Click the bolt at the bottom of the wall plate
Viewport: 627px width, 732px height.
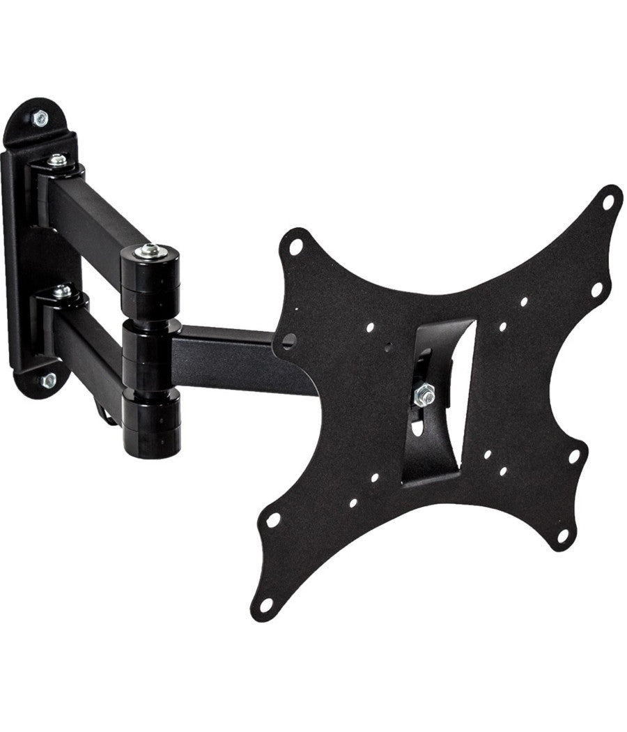48,381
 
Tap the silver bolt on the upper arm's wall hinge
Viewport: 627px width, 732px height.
58,161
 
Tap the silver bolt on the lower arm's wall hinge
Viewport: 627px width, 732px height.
61,291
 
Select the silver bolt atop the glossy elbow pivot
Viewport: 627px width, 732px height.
148,250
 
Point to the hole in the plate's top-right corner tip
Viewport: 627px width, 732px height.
608,201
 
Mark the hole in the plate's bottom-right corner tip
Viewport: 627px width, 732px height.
563,536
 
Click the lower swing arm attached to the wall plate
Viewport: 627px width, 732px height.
87,342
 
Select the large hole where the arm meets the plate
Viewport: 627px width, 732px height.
289,341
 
